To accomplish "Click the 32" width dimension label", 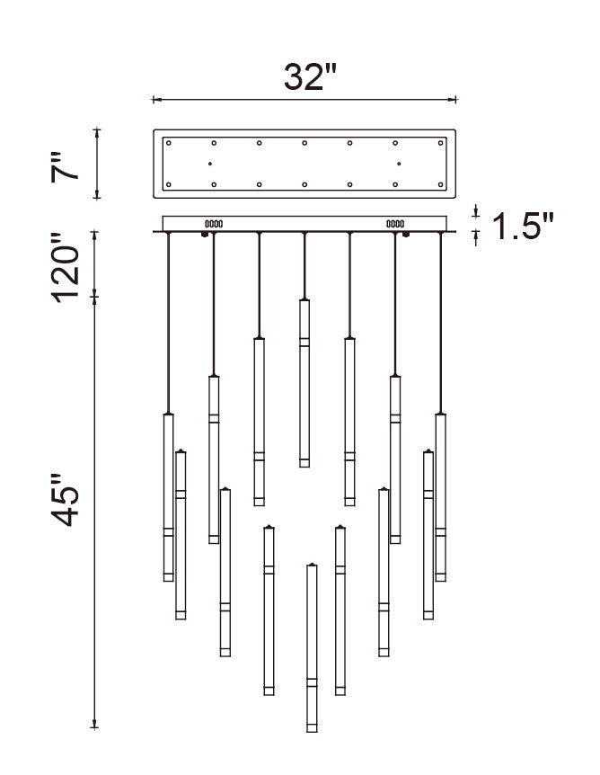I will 304,77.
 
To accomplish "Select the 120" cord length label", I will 71,268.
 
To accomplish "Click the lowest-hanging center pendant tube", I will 312,647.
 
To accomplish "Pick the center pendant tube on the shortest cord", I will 304,382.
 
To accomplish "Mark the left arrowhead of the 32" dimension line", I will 155,100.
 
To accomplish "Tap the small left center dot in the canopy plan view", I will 209,164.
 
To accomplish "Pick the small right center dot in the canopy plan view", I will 399,164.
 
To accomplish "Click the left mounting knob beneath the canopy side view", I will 206,236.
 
